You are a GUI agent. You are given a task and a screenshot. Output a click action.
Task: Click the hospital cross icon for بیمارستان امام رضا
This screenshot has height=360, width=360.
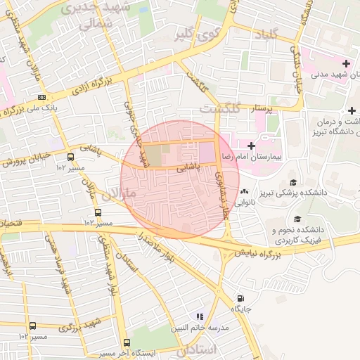[251, 145]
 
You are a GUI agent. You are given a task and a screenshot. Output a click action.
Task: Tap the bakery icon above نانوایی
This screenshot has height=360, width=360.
[245, 192]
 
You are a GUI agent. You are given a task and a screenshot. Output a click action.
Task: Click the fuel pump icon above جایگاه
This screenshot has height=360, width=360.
[241, 298]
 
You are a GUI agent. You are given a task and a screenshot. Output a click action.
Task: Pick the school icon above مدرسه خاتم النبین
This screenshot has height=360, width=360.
[200, 317]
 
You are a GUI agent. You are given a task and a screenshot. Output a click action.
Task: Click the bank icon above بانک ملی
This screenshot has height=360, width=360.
[42, 97]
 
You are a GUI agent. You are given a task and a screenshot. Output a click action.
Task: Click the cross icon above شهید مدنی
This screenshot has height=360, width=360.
[345, 64]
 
